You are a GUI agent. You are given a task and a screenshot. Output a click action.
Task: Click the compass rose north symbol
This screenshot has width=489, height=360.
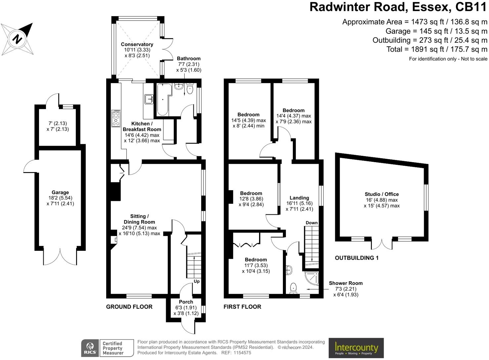click(x=17, y=39)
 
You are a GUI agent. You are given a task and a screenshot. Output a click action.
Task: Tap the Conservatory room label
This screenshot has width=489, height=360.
click(x=137, y=44)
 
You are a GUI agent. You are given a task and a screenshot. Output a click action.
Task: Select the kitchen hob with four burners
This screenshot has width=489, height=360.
click(x=116, y=118)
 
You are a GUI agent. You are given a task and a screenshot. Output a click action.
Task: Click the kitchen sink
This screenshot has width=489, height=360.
click(x=149, y=99)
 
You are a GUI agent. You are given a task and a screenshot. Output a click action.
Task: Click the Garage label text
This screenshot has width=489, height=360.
click(x=60, y=192)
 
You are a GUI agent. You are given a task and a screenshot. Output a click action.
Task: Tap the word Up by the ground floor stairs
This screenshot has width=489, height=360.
click(x=197, y=282)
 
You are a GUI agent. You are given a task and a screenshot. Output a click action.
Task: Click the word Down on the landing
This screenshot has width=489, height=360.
click(x=312, y=223)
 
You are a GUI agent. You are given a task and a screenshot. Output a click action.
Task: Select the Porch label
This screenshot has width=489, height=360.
click(x=186, y=302)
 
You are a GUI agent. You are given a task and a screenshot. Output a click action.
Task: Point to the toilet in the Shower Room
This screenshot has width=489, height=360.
click(x=293, y=288)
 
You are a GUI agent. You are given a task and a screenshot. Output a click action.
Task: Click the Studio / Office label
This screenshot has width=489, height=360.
click(x=382, y=194)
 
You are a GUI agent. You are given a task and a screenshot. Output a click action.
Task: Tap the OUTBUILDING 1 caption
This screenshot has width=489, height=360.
click(x=357, y=258)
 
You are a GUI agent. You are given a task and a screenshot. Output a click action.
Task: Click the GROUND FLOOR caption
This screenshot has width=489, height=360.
click(x=129, y=307)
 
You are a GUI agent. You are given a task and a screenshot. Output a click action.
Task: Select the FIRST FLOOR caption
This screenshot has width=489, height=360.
click(x=242, y=307)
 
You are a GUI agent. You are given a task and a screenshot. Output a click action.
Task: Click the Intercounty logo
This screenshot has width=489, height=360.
click(x=356, y=348)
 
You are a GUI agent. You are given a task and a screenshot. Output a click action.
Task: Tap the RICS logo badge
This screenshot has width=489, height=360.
click(x=90, y=348)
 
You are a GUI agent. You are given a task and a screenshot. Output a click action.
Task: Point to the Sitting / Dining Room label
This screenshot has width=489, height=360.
click(x=139, y=219)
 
